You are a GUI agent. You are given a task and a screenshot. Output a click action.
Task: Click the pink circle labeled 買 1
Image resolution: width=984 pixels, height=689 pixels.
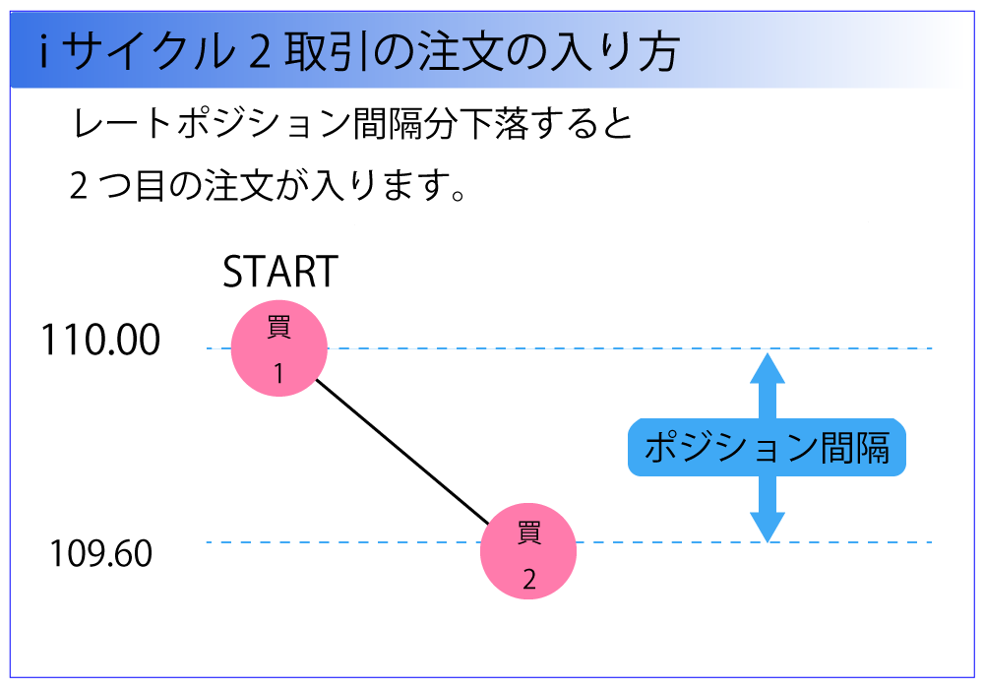(278, 348)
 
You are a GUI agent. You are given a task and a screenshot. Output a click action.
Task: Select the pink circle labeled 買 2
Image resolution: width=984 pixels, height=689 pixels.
(528, 551)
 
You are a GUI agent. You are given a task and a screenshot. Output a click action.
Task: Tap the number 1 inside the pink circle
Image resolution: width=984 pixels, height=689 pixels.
(278, 375)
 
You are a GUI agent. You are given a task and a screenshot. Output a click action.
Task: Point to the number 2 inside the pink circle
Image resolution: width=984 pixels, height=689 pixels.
(529, 580)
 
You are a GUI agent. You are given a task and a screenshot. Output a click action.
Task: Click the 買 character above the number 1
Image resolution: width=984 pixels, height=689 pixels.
(278, 327)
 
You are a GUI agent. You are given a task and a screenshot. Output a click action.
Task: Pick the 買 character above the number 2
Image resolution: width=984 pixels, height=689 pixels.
(529, 533)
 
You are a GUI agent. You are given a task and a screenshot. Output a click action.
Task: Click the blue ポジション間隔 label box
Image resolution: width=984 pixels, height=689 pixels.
(767, 449)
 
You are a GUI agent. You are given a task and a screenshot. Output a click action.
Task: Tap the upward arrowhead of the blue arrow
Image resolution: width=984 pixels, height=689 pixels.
(768, 368)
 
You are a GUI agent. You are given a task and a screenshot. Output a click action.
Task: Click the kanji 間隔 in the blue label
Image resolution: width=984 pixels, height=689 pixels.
(854, 449)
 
